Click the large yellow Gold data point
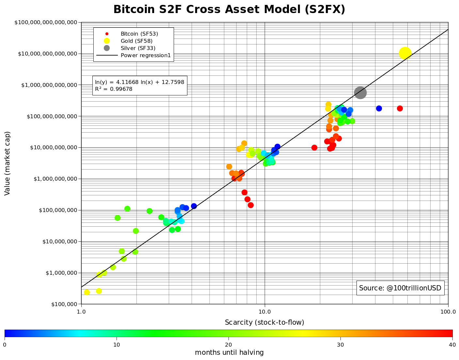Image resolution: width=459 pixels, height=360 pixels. click(405, 53)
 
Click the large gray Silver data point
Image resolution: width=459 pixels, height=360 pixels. click(360, 93)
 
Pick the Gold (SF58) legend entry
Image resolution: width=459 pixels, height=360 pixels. click(136, 41)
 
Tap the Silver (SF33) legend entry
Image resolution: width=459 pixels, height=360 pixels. click(138, 48)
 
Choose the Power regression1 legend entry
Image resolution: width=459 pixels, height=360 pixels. click(146, 55)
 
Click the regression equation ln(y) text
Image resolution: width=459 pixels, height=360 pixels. click(139, 82)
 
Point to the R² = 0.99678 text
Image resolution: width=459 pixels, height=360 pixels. click(114, 89)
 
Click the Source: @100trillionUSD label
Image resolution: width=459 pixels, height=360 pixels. click(400, 288)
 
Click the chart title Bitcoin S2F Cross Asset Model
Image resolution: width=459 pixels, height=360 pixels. click(229, 9)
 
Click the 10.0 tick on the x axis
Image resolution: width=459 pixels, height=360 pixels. click(264, 312)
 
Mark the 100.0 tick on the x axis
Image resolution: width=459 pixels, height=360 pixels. click(448, 312)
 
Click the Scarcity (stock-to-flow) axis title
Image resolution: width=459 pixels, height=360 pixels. click(264, 322)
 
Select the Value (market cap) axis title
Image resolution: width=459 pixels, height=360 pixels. click(8, 163)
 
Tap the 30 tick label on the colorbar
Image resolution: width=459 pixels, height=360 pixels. click(340, 345)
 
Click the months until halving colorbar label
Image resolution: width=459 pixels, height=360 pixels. click(229, 353)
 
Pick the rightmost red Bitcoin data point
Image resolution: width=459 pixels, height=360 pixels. click(400, 108)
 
